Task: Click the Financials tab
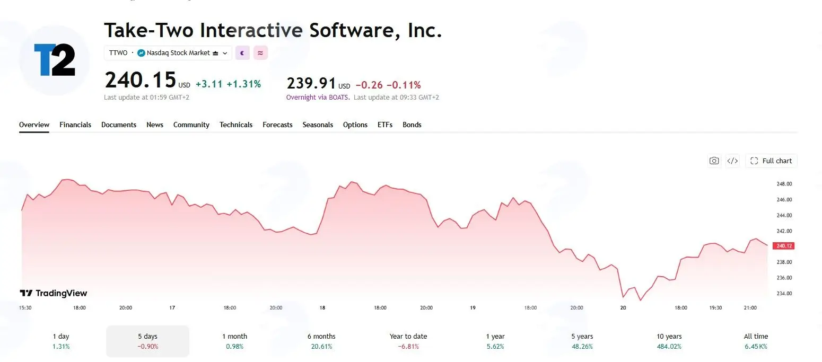[x=75, y=125]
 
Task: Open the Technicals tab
[x=236, y=125]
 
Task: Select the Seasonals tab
[x=318, y=125]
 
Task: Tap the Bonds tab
[x=412, y=125]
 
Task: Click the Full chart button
[x=771, y=161]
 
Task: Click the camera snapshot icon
[x=714, y=161]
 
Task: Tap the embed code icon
[x=732, y=161]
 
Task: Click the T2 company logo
[x=54, y=60]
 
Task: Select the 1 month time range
[x=234, y=341]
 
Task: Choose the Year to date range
[x=408, y=341]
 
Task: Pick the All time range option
[x=756, y=341]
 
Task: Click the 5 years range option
[x=582, y=341]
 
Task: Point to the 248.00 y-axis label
[x=784, y=184]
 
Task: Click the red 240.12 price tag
[x=783, y=246]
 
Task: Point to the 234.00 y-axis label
[x=784, y=294]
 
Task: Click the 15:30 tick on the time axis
[x=25, y=308]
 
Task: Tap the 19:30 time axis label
[x=715, y=308]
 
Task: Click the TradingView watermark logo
[x=53, y=293]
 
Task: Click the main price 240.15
[x=140, y=80]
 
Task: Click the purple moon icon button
[x=242, y=53]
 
